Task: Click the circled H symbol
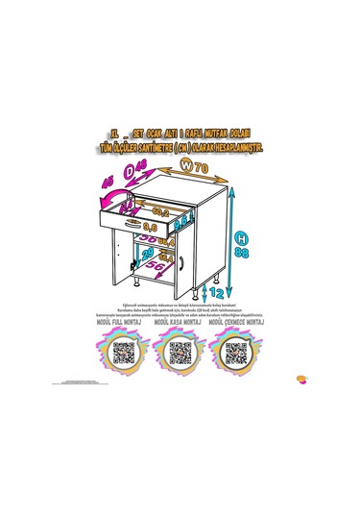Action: tap(244, 235)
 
